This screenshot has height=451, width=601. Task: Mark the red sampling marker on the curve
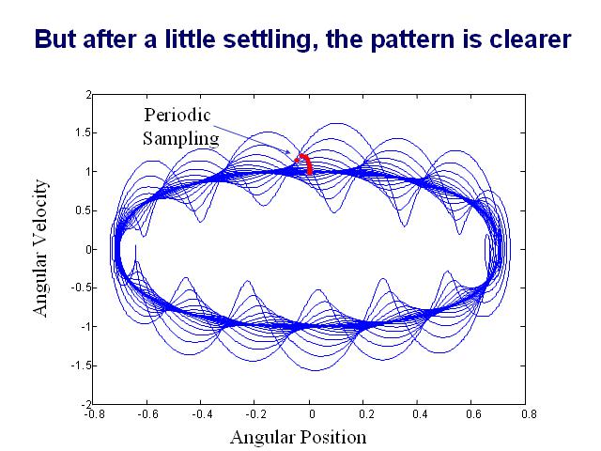[304, 163]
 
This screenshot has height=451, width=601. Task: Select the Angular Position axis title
[299, 437]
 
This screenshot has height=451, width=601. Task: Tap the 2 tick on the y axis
[85, 95]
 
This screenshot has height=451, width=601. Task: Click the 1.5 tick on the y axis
[81, 133]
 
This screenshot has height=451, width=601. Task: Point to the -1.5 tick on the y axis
[79, 365]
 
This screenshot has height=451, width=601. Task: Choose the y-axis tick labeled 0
[85, 249]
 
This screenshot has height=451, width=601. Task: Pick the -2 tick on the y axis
[83, 403]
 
